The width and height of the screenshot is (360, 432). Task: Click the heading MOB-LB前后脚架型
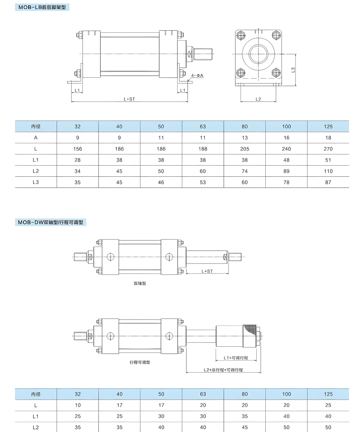coord(42,7)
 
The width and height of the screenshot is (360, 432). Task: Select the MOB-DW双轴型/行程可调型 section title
coord(50,222)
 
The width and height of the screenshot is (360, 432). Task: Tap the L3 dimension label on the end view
coord(293,70)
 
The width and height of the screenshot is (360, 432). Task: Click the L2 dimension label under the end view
coord(258,99)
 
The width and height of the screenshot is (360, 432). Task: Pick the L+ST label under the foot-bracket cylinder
coord(129,99)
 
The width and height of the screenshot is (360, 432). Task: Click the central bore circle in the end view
coord(258,54)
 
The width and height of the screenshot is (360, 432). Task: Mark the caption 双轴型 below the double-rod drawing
coord(140,283)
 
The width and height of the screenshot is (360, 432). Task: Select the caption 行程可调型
coord(140,362)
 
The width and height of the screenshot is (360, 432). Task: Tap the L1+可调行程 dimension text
coord(236,358)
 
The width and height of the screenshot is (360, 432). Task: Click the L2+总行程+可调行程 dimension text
coord(223,370)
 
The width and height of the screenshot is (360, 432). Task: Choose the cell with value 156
coord(77,149)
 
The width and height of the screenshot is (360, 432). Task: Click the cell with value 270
coord(328,149)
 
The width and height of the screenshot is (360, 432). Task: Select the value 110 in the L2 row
coord(328,171)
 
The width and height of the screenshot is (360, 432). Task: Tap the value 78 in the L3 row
coord(286,182)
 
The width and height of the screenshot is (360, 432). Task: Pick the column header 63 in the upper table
coord(203,126)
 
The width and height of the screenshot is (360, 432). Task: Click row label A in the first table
coord(36,138)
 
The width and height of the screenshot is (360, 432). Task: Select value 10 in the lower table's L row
coord(77,405)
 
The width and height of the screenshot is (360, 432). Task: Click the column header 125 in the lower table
coord(328,394)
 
